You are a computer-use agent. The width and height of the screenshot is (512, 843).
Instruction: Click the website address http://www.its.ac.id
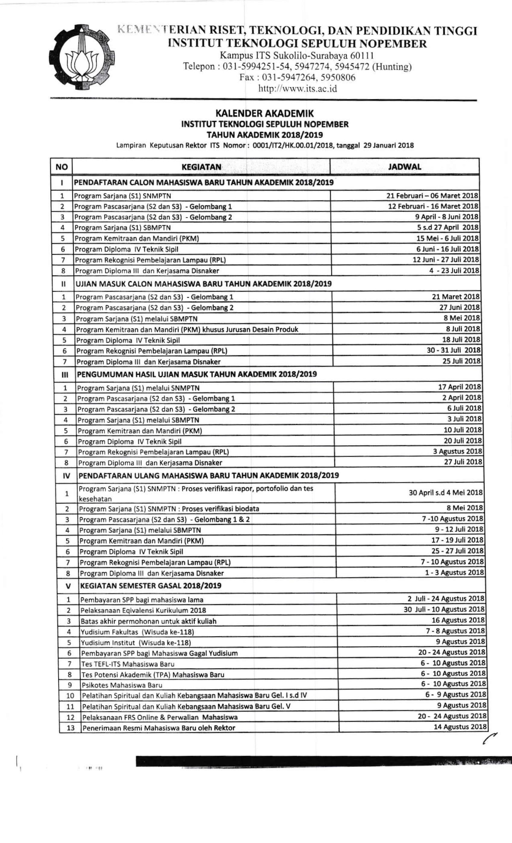coord(298,89)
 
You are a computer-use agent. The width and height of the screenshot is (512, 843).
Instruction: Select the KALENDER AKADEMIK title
coord(264,113)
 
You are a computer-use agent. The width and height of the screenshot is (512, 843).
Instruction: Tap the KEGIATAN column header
coord(201,167)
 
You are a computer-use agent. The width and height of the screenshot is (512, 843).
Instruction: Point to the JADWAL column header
coord(404,167)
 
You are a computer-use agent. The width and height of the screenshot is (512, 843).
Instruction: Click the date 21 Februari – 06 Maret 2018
coord(432,196)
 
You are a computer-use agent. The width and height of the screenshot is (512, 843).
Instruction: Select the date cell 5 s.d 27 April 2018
coord(448,228)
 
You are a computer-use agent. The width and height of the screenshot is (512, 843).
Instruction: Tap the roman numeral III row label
coord(65,375)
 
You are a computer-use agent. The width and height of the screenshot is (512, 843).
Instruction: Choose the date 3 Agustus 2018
coord(457,451)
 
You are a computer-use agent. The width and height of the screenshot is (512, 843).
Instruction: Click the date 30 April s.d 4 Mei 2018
coord(446,493)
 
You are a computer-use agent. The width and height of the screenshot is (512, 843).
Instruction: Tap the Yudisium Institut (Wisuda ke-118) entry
coord(136,642)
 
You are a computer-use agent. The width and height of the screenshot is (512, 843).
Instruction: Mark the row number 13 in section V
coord(70,728)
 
